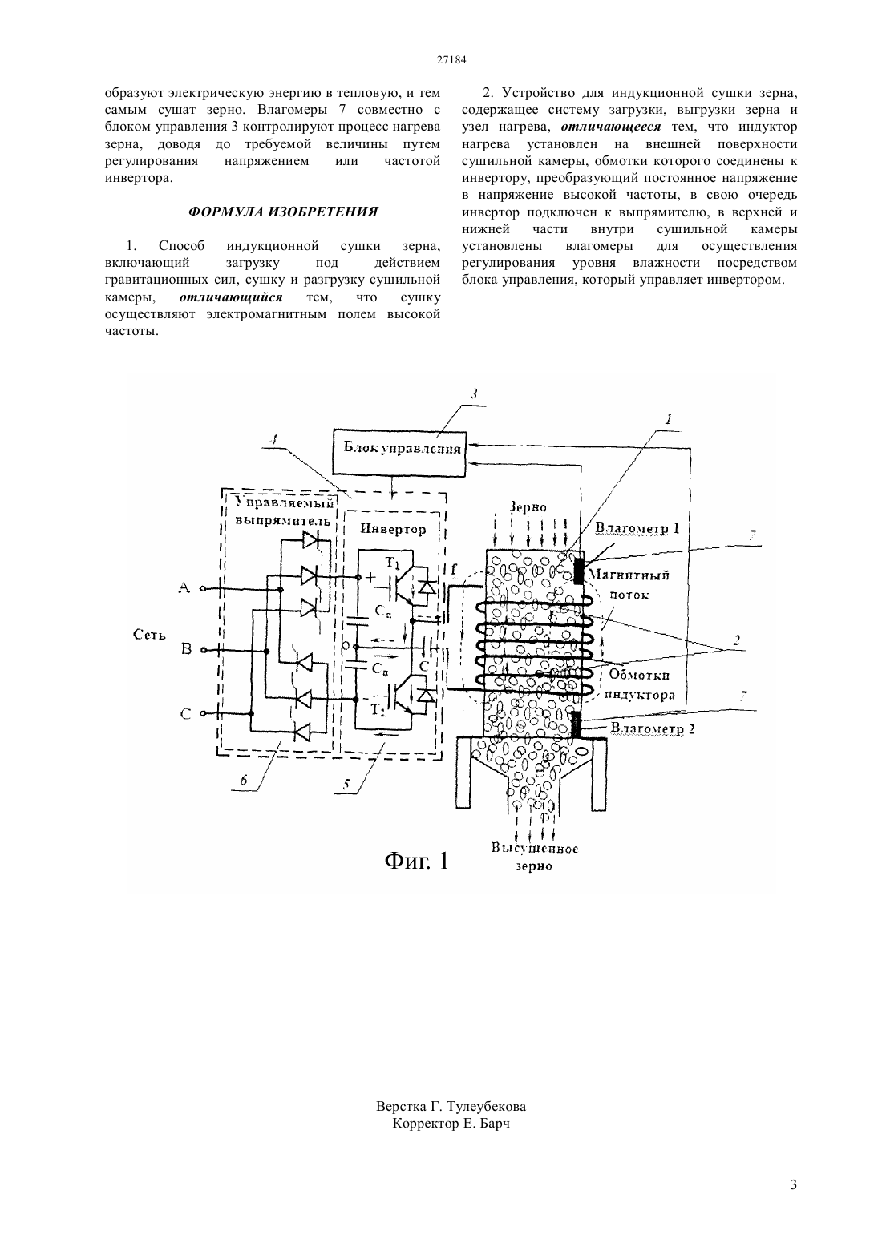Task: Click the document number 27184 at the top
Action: (451, 60)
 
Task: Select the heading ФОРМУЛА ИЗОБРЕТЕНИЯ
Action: (283, 212)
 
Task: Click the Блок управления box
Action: (400, 453)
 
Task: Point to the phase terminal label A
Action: (184, 587)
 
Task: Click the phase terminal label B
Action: (187, 649)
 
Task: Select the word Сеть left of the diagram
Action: (149, 635)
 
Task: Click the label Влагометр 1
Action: (637, 528)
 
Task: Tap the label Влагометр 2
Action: (653, 728)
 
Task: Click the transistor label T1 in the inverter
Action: (393, 564)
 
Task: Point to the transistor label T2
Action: (378, 710)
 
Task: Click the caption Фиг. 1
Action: (416, 861)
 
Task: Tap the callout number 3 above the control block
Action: (474, 394)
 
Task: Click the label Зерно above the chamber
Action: (528, 506)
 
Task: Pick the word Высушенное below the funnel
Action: (535, 849)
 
